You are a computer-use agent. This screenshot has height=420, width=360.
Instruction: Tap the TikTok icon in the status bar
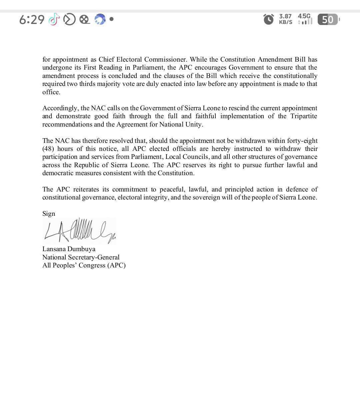[x=54, y=20]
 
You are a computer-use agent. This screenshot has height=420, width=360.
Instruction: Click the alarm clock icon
[x=269, y=19]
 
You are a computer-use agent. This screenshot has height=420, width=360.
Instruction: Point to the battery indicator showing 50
[x=328, y=20]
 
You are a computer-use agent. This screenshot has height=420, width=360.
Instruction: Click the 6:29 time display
[x=32, y=20]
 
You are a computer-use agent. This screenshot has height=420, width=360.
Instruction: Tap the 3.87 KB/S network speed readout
[x=285, y=19]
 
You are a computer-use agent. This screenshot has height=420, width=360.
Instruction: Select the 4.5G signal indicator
[x=305, y=19]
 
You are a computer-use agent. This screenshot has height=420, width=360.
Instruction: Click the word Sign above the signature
[x=49, y=214]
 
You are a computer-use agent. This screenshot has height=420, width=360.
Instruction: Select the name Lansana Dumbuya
[x=69, y=249]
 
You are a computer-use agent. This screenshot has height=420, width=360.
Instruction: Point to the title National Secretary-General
[x=81, y=257]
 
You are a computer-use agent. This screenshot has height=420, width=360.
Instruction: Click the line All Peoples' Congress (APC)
[x=84, y=265]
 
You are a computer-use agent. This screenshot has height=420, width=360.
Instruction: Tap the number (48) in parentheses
[x=48, y=149]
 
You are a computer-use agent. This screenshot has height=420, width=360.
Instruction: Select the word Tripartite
[x=303, y=116]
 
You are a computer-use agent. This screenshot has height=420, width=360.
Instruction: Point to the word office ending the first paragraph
[x=51, y=92]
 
